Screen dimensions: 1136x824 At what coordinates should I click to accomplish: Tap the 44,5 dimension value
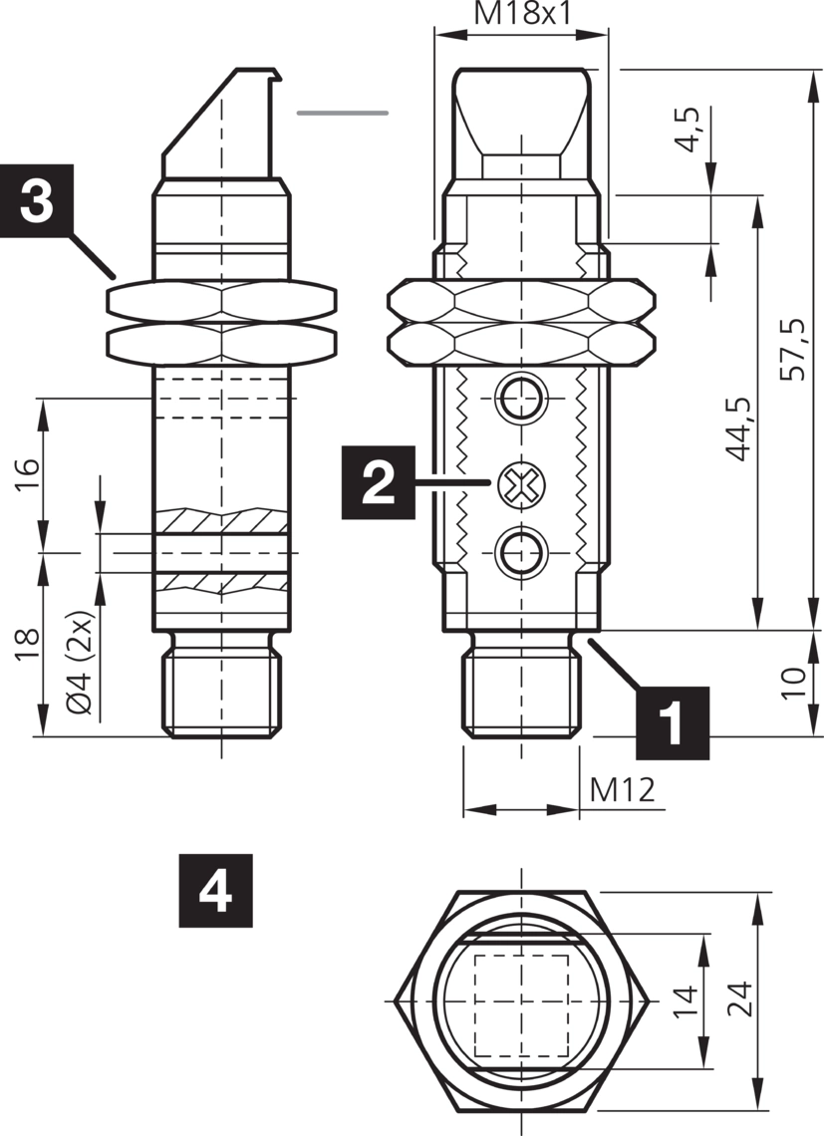tap(738, 428)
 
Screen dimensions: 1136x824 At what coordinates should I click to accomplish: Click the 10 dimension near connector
tap(793, 684)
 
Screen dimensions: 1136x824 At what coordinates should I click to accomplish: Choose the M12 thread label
tap(623, 789)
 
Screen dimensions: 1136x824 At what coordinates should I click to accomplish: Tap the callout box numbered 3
tap(37, 200)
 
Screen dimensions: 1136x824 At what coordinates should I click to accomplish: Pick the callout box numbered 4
tap(215, 890)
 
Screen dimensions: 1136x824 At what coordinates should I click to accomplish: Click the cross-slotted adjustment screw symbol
tap(520, 485)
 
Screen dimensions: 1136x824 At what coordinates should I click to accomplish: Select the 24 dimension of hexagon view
tap(738, 997)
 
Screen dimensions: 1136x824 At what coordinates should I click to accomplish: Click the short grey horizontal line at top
tap(342, 113)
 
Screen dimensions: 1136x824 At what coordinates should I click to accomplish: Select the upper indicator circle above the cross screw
tap(520, 401)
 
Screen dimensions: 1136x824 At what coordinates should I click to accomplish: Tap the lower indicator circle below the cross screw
tap(520, 549)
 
